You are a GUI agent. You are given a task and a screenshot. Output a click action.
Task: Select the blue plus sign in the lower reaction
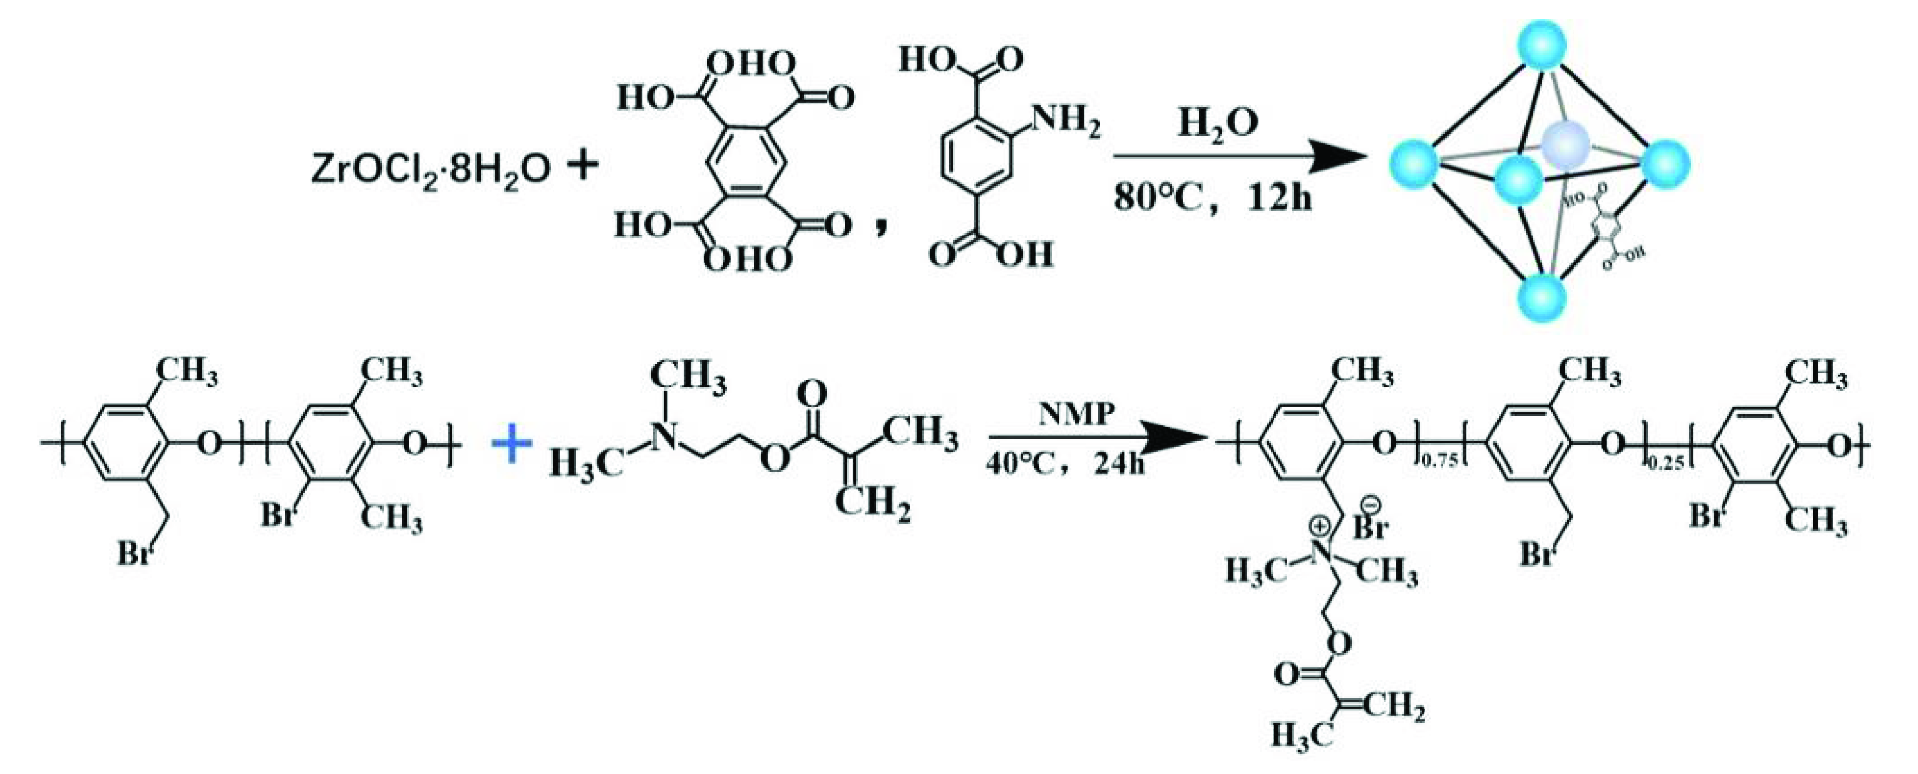(x=512, y=449)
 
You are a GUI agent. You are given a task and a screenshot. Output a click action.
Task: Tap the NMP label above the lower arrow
(x=1077, y=414)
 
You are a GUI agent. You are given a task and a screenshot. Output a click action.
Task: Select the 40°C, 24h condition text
(x=1065, y=465)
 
